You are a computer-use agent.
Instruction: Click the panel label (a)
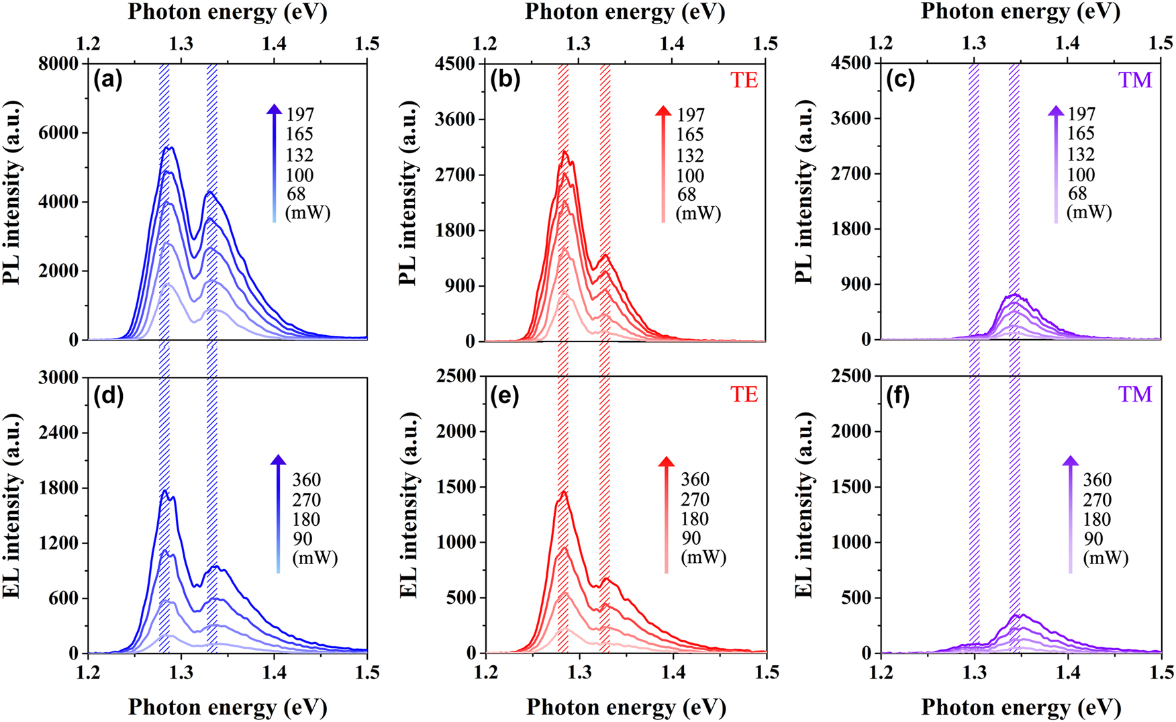point(108,81)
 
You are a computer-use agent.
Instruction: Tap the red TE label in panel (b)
point(744,81)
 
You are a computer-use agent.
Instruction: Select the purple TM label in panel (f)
point(1135,394)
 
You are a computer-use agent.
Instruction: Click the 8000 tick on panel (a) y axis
point(60,64)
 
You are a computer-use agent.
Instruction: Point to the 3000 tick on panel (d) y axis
point(60,377)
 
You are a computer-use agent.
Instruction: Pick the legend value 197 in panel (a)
point(300,114)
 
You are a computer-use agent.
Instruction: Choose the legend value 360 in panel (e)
point(695,480)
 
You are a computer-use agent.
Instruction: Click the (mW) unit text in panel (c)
point(1089,212)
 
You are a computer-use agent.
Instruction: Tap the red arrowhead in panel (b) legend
point(663,112)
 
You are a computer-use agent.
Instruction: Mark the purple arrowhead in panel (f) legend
point(1071,461)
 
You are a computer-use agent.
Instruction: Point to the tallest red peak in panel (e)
point(565,492)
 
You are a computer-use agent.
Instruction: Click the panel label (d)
point(108,396)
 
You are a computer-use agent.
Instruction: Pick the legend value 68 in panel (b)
point(687,195)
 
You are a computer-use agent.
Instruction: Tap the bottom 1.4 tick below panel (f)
point(1067,672)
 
